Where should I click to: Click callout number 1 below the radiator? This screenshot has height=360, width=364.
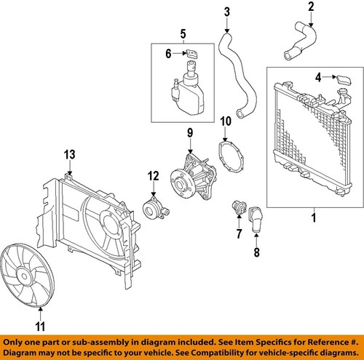click(x=314, y=217)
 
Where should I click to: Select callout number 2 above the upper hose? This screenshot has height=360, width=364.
click(x=310, y=8)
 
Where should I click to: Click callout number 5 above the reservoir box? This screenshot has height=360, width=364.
click(x=183, y=33)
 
